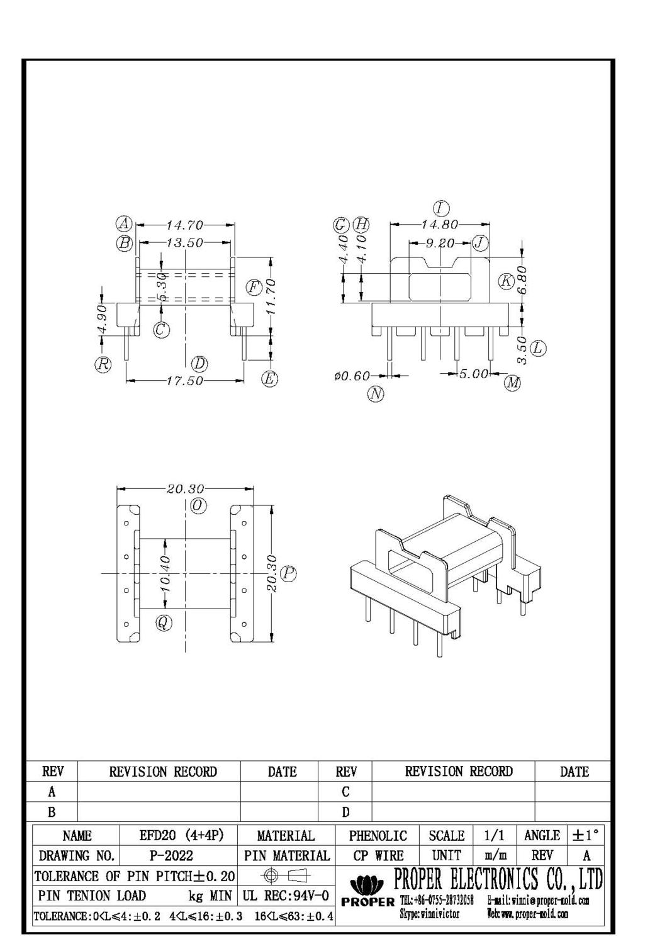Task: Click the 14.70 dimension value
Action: [184, 225]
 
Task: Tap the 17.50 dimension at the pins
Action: [184, 381]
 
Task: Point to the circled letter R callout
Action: [103, 364]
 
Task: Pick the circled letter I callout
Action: [441, 208]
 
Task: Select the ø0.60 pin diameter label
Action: [352, 376]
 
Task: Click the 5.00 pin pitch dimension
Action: [473, 374]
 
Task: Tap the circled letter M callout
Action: [513, 382]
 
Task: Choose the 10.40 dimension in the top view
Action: [165, 573]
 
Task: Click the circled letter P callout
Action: [289, 573]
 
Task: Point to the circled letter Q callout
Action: [164, 623]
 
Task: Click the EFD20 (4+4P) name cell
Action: [181, 836]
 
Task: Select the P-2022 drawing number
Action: [171, 856]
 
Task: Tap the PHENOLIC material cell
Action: [378, 836]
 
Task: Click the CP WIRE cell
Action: [378, 856]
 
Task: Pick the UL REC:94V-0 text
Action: [286, 896]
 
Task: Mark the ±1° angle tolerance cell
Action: [586, 836]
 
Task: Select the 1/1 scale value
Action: [494, 836]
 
